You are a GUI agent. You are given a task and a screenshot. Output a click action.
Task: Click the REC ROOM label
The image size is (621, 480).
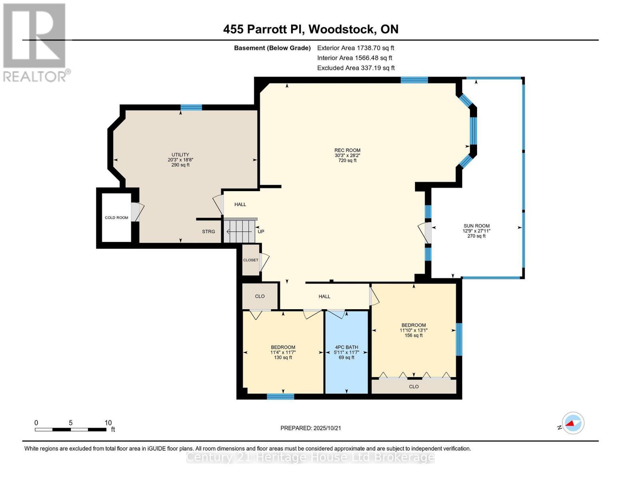point(347,150)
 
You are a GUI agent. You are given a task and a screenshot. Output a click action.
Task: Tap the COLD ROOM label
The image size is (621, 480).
point(116,218)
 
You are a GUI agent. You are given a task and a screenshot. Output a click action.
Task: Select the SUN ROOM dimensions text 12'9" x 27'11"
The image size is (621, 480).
point(476,231)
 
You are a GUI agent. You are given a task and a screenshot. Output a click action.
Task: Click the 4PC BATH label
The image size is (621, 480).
point(346,347)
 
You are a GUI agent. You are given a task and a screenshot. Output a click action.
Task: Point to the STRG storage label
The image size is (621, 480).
point(208,232)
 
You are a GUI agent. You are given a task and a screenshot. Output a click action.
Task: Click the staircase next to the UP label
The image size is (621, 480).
point(239,231)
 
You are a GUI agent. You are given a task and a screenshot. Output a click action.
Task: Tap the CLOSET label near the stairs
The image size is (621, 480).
point(251,260)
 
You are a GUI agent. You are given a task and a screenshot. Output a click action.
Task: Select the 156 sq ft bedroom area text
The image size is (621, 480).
point(413,336)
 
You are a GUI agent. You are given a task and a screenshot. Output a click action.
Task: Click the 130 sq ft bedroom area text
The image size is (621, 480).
point(283,358)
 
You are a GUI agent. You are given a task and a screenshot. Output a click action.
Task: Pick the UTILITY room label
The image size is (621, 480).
point(180,155)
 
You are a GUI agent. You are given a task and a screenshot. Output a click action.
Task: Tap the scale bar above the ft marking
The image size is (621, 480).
point(70,430)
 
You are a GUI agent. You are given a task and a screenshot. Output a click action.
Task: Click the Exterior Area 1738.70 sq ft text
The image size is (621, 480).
point(355,48)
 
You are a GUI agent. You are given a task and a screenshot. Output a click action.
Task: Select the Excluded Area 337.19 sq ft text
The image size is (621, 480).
point(355,68)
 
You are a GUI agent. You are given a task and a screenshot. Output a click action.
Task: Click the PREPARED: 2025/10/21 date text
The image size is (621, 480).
point(310,428)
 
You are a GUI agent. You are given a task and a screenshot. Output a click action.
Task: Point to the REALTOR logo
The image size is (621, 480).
point(35,42)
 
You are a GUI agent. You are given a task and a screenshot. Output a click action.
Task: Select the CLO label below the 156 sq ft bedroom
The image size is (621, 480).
point(413,386)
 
